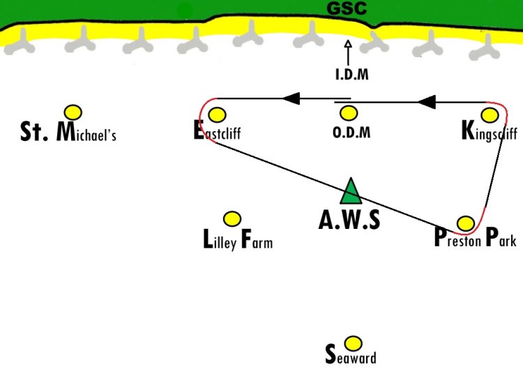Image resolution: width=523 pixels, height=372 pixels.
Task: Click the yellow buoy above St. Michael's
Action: [x=73, y=112]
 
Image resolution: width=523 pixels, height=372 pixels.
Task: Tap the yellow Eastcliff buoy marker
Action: [x=217, y=114]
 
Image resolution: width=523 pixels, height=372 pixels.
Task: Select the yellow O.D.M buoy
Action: [x=349, y=113]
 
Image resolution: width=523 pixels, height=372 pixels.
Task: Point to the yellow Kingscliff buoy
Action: [x=490, y=115]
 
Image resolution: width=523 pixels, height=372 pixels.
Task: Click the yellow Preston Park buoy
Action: [x=466, y=223]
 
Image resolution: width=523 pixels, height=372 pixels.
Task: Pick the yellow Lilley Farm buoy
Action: [x=232, y=218]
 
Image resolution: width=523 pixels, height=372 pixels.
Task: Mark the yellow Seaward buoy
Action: [x=353, y=343]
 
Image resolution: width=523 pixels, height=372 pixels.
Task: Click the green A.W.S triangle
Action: [x=351, y=191]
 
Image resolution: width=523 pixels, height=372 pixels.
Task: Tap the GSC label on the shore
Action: [x=347, y=8]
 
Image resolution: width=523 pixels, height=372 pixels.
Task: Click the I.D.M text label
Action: [x=352, y=74]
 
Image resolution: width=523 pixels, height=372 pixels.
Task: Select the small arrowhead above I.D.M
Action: [x=348, y=44]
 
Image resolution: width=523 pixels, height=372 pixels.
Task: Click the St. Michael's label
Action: [x=68, y=132]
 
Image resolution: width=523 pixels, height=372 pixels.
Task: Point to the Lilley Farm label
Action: [x=238, y=239]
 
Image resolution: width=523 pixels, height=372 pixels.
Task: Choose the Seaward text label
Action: [x=351, y=355]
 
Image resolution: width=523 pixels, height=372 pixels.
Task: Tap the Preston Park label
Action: [x=476, y=237]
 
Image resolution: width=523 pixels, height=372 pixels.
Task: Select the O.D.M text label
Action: [x=351, y=132]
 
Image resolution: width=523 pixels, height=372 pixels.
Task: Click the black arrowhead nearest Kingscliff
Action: [x=427, y=102]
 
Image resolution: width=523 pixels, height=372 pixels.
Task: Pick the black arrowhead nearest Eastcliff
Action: [x=291, y=98]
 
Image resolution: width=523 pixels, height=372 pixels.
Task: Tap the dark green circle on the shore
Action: [x=185, y=11]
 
